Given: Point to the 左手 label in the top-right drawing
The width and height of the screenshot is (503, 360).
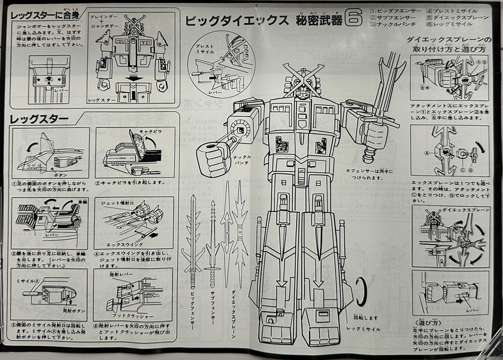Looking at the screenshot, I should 426,87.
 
